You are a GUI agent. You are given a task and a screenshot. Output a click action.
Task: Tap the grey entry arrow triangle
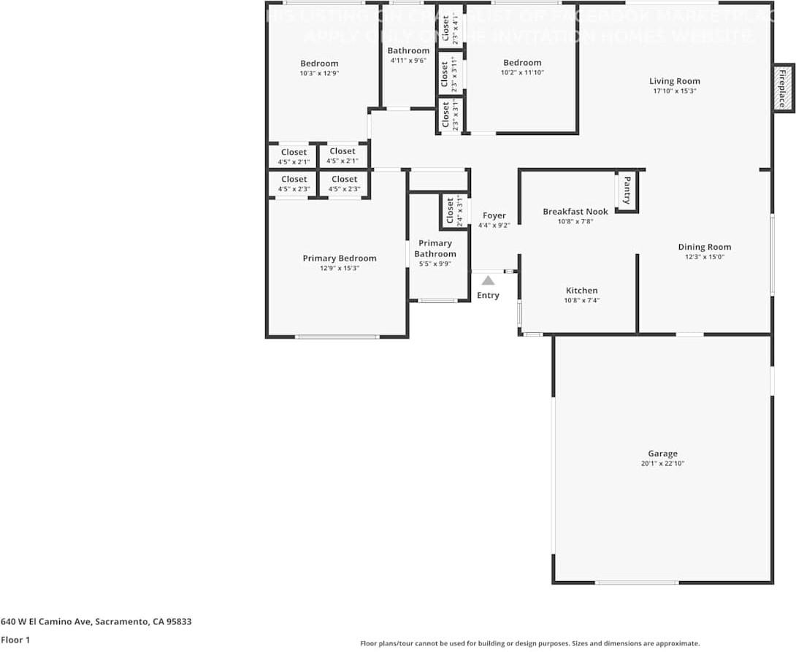click(488, 280)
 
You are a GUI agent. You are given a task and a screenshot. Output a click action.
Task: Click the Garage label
click(662, 453)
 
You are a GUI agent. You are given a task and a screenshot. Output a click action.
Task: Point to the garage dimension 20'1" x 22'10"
click(662, 464)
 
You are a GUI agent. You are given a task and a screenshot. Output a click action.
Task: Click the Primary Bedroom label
click(340, 258)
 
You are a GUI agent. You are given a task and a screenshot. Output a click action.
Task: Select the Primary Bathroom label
click(435, 248)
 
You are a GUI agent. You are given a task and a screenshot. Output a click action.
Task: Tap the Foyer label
click(494, 215)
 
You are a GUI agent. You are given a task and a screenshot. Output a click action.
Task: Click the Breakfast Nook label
click(575, 212)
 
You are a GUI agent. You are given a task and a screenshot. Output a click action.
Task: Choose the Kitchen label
click(581, 291)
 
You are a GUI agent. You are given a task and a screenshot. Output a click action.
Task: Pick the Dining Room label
click(704, 247)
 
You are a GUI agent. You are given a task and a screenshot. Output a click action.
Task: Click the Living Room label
click(675, 81)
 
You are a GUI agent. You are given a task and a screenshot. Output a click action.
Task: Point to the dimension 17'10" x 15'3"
click(675, 91)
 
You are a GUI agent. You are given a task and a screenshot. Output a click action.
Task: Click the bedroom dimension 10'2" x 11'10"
click(522, 72)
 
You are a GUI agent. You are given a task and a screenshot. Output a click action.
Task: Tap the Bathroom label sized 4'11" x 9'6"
click(408, 50)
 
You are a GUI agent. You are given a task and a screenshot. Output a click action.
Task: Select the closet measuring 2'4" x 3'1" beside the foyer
click(454, 212)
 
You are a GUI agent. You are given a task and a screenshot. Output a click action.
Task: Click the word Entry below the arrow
click(488, 295)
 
